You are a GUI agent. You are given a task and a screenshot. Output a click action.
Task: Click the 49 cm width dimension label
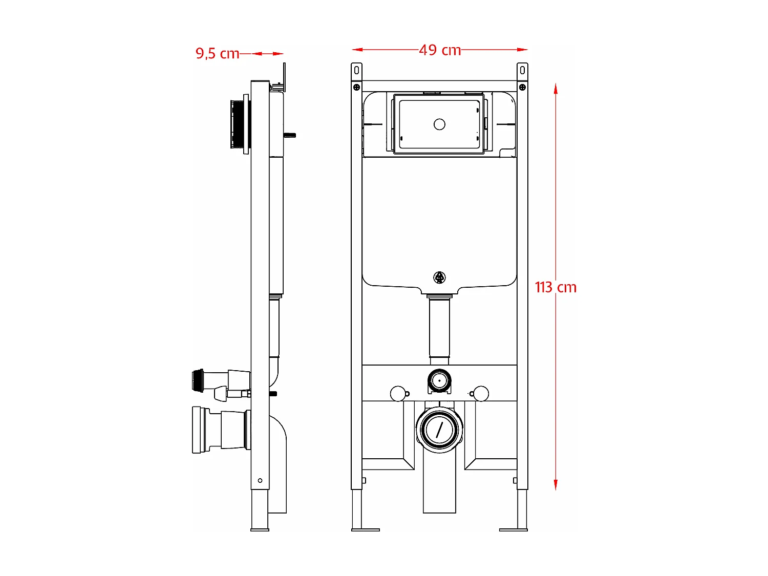440,50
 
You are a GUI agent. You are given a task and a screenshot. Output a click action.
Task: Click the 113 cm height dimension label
556,287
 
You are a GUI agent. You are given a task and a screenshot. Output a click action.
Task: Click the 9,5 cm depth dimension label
217,53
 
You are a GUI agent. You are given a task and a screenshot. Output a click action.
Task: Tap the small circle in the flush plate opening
439,124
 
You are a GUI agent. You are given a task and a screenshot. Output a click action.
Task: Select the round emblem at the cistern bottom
439,278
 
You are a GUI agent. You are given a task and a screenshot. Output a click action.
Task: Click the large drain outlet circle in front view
439,429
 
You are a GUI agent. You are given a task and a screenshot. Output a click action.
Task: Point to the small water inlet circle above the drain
439,381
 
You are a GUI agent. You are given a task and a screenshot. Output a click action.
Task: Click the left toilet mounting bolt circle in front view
397,394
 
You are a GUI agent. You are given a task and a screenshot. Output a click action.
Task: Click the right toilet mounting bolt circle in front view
481,394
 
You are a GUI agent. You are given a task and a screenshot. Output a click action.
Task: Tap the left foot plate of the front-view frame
366,529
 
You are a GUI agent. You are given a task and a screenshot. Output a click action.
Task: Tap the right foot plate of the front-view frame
513,529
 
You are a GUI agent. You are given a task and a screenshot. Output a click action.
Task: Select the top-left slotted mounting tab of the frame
356,70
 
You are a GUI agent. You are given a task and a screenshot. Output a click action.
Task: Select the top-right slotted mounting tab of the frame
522,70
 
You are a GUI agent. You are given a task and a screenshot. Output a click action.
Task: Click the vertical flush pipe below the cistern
439,328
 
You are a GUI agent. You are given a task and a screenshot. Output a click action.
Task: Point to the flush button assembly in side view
239,124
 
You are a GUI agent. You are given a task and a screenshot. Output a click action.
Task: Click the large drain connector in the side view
220,430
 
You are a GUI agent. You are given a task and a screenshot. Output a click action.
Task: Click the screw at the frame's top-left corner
356,87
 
